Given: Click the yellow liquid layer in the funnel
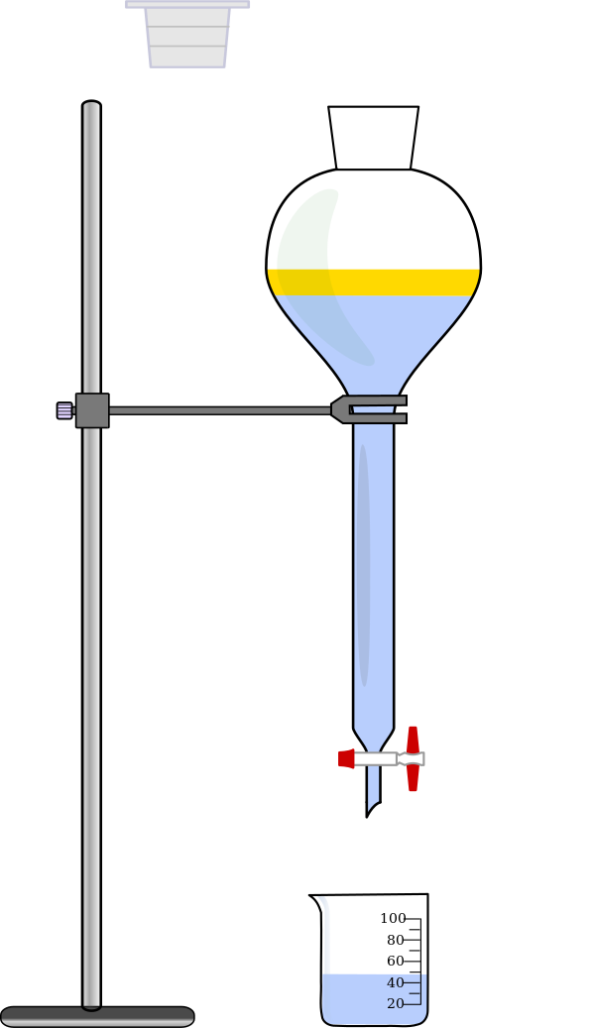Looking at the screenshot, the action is click(373, 282).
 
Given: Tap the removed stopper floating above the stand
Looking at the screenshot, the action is click(187, 34).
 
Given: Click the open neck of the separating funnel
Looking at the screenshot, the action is click(373, 138).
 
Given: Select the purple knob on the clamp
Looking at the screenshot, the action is click(64, 410).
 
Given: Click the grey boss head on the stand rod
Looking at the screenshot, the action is click(92, 410).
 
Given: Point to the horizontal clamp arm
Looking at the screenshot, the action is click(219, 411).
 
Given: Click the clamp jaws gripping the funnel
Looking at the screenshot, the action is click(369, 409).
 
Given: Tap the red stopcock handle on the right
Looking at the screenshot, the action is click(413, 758).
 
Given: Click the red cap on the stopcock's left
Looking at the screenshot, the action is click(346, 758).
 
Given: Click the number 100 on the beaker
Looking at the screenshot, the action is click(393, 919).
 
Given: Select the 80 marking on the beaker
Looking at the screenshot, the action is click(396, 940).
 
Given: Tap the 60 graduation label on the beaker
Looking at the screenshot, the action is click(396, 962).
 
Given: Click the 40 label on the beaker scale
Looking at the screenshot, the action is click(396, 982).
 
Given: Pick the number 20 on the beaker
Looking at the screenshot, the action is click(396, 1004).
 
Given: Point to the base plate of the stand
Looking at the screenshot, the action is click(97, 1016).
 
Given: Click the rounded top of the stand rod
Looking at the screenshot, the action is click(91, 104).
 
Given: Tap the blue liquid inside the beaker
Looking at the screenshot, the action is click(374, 999).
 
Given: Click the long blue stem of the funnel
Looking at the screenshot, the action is click(373, 577).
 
